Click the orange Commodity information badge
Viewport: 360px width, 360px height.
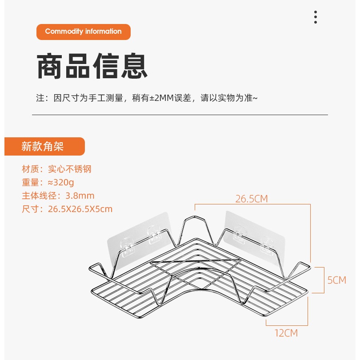tap(84, 32)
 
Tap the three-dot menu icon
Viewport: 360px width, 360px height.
tap(316, 17)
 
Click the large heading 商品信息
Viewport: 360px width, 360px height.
tap(92, 66)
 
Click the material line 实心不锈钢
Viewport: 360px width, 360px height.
tap(70, 169)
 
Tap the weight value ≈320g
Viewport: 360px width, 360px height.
tap(61, 183)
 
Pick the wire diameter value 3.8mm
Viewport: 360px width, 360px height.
tap(80, 196)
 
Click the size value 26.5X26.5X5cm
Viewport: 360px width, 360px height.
tap(80, 209)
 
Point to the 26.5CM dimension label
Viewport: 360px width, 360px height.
tap(252, 199)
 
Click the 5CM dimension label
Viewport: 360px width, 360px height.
tap(337, 280)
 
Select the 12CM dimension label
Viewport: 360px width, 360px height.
tap(286, 333)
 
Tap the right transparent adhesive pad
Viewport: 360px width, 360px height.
tap(254, 239)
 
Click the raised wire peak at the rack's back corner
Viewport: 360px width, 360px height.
tap(195, 217)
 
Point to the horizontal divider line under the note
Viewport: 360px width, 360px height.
tap(180, 115)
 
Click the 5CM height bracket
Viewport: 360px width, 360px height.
tap(324, 280)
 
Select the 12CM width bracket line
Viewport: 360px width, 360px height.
tap(287, 325)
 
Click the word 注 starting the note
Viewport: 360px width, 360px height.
tap(40, 98)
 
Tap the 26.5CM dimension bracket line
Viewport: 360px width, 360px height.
tap(252, 204)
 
